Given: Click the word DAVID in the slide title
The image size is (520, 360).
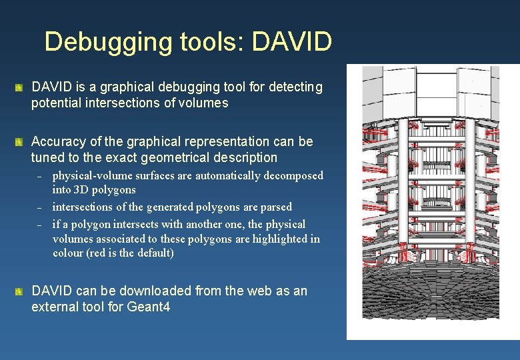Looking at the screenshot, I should point(293,41).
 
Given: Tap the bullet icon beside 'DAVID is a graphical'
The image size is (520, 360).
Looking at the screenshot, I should point(20,88).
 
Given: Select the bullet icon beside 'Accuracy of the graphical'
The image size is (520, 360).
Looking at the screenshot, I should point(20,142).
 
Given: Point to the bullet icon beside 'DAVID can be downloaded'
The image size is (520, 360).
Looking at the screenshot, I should point(20,291).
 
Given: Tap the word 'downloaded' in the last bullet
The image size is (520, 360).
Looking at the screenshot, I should point(137,291).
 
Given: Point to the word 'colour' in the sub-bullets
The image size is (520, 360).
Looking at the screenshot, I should point(69,253).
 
